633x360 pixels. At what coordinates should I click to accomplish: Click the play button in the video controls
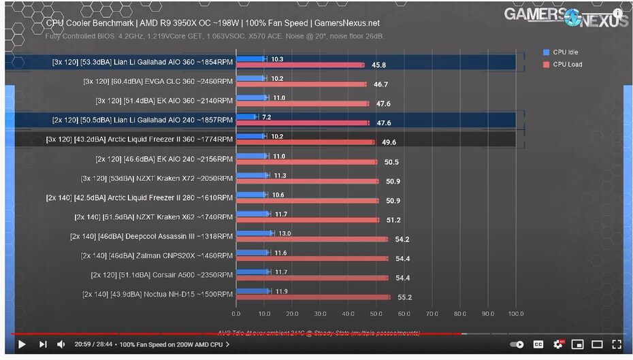tap(21, 344)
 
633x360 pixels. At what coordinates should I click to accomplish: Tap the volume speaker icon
tap(60, 344)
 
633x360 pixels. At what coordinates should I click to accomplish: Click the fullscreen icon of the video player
tap(617, 344)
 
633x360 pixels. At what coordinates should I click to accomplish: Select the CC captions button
tap(538, 344)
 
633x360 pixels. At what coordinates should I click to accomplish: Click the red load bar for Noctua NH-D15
tap(313, 297)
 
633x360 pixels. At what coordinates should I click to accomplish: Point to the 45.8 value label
tap(379, 65)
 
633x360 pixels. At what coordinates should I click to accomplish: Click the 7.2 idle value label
tap(267, 117)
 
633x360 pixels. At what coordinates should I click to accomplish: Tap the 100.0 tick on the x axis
tap(516, 314)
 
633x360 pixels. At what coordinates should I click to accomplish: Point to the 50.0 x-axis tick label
tap(376, 314)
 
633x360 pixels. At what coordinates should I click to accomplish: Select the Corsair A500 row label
tap(161, 275)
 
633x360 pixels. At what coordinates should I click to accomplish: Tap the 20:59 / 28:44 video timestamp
tap(93, 344)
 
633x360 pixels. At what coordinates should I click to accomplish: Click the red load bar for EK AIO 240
tap(306, 162)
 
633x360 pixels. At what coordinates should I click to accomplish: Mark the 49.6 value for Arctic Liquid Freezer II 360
tap(389, 142)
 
